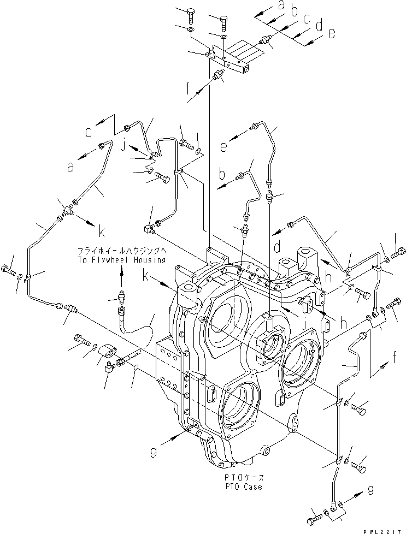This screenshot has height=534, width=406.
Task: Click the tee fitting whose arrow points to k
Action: pyautogui.click(x=69, y=207)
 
